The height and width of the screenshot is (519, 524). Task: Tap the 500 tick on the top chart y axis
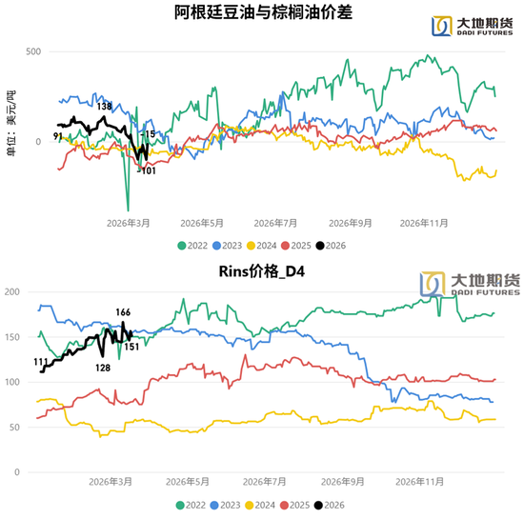pos(32,50)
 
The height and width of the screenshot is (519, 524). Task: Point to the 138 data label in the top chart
pos(104,106)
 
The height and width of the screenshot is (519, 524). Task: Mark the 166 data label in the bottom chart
pos(123,312)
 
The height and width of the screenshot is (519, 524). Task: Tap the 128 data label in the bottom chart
pos(102,368)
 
